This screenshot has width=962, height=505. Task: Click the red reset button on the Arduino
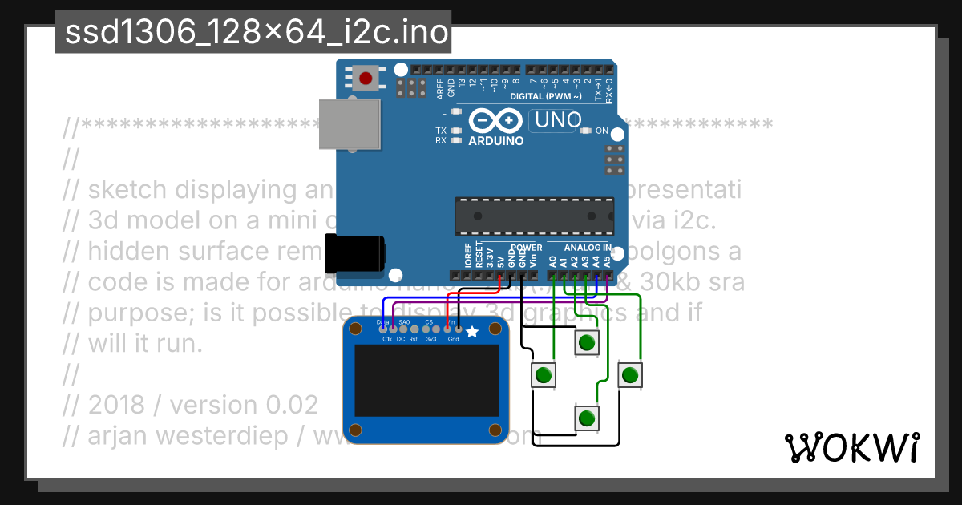[x=366, y=78]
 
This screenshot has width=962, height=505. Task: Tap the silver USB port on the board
[x=350, y=123]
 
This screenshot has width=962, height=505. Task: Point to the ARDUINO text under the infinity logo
[x=495, y=141]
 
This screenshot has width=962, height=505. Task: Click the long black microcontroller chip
[x=535, y=216]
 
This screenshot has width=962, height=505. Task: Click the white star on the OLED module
[x=472, y=332]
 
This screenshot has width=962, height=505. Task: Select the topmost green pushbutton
[x=587, y=343]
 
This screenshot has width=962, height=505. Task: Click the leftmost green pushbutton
[x=544, y=374]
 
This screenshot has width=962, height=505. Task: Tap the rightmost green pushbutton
[x=631, y=374]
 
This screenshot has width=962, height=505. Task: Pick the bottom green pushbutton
[x=587, y=418]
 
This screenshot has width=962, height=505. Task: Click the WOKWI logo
[x=852, y=447]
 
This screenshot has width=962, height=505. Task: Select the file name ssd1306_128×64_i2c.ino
[x=253, y=32]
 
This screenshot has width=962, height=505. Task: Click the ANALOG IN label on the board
[x=588, y=248]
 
